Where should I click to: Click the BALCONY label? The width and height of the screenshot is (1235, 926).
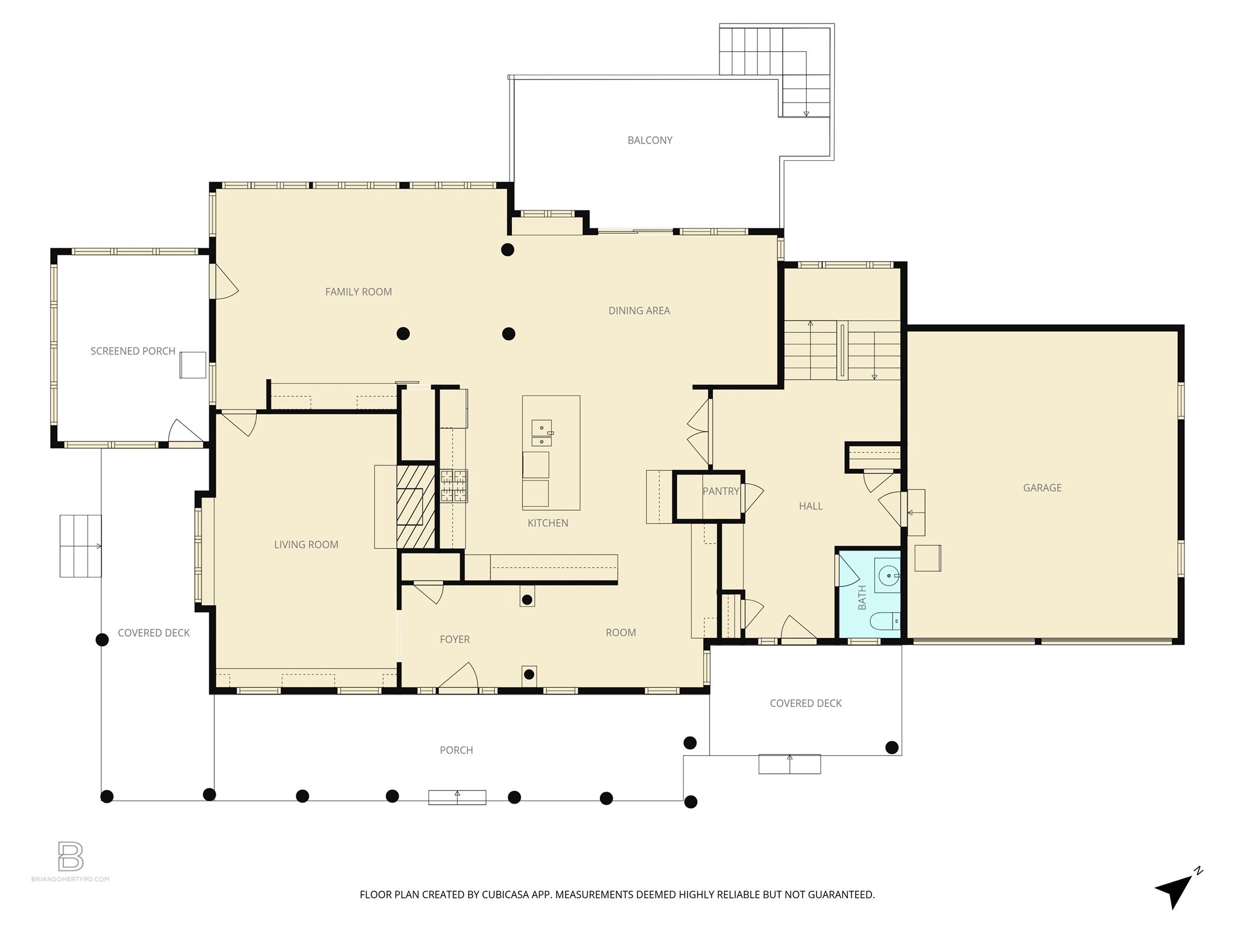point(649,140)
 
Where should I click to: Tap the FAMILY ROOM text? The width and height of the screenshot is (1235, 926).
point(358,292)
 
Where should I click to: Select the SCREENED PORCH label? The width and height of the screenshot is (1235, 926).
point(133,351)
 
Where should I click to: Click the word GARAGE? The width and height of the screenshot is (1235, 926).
point(1042,488)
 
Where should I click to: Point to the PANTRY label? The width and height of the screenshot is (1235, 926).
point(721,491)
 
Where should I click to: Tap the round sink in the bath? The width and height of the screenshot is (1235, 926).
point(888,576)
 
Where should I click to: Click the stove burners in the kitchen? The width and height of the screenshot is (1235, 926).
point(454,486)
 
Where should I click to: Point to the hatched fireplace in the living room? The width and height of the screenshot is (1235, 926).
point(415,506)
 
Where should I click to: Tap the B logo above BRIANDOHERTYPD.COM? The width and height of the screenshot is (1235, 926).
point(71,856)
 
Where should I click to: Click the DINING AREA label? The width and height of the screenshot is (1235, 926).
point(639,310)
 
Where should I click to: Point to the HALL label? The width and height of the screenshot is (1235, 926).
point(810,506)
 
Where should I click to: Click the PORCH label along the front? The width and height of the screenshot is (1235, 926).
point(456,750)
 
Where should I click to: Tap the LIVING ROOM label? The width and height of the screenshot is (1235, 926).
point(306,544)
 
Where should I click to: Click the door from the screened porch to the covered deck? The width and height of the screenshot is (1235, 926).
point(185,433)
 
